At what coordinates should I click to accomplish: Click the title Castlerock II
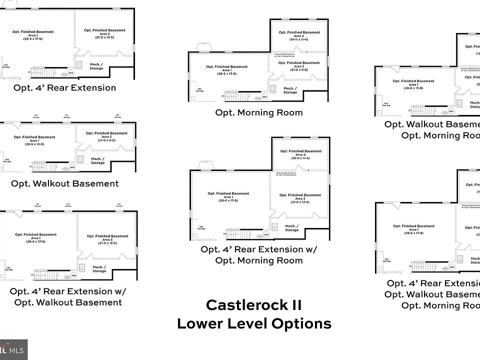click(x=253, y=304)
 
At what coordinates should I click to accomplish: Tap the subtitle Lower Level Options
click(x=253, y=323)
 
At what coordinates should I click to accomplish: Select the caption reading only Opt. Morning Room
click(x=258, y=112)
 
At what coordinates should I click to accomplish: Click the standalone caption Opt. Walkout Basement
click(x=65, y=183)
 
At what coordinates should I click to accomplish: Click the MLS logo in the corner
click(x=13, y=349)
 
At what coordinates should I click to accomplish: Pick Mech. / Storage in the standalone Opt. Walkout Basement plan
click(x=98, y=160)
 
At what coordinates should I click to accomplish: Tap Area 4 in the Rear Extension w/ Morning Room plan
click(x=300, y=154)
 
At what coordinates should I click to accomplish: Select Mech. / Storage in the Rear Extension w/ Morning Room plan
click(x=292, y=228)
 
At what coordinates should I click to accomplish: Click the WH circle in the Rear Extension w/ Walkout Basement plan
click(x=74, y=275)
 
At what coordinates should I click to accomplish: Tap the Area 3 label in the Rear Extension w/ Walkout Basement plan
click(x=107, y=239)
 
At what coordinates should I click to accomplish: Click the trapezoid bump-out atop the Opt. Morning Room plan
click(x=204, y=47)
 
